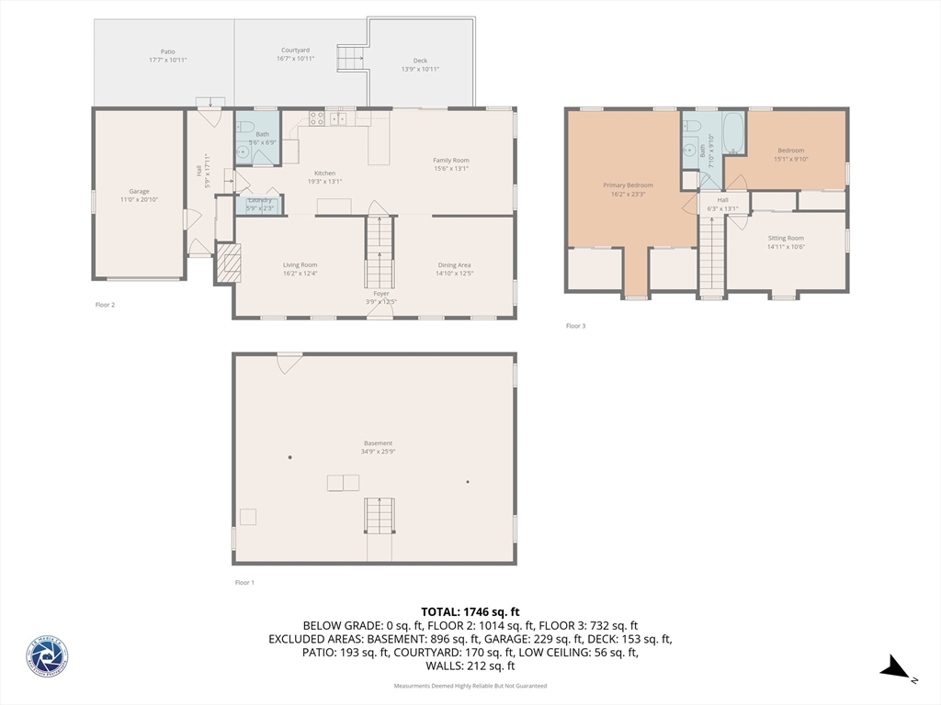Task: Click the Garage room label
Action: [x=139, y=191]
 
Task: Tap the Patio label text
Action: [x=167, y=51]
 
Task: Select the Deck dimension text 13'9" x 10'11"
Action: [x=420, y=69]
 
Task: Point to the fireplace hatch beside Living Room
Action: [x=227, y=263]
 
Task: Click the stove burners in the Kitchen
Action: [x=315, y=117]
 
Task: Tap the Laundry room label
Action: [x=259, y=199]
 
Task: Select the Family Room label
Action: [x=451, y=161]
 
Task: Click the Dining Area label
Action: [x=454, y=265]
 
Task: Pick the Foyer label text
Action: [x=380, y=294]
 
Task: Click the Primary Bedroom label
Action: [x=628, y=185]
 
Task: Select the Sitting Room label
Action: [x=786, y=238]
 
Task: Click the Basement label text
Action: [x=378, y=443]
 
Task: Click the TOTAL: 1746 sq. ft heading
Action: [x=470, y=611]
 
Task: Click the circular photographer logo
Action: [x=47, y=657]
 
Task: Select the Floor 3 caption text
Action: [x=575, y=326]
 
